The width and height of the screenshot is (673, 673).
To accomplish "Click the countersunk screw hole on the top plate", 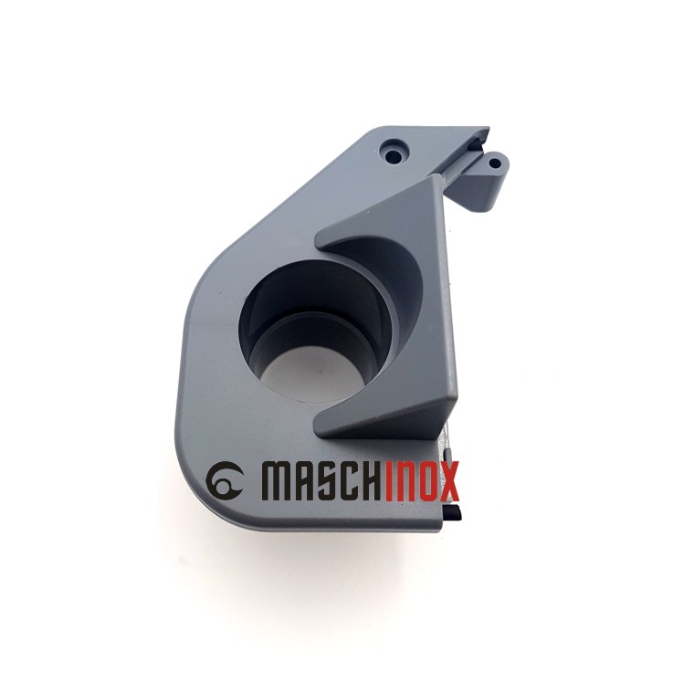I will (394, 149).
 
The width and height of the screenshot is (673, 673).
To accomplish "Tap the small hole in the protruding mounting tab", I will (494, 165).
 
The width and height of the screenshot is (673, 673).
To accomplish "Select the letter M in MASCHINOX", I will (279, 479).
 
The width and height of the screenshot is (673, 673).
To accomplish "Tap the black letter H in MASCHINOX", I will (373, 479).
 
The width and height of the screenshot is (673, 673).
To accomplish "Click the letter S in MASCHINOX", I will (326, 479).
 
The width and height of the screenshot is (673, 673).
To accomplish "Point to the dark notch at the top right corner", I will (479, 139).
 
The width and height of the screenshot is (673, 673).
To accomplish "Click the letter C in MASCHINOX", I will (350, 479).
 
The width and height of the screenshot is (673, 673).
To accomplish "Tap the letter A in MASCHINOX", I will (304, 479).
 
